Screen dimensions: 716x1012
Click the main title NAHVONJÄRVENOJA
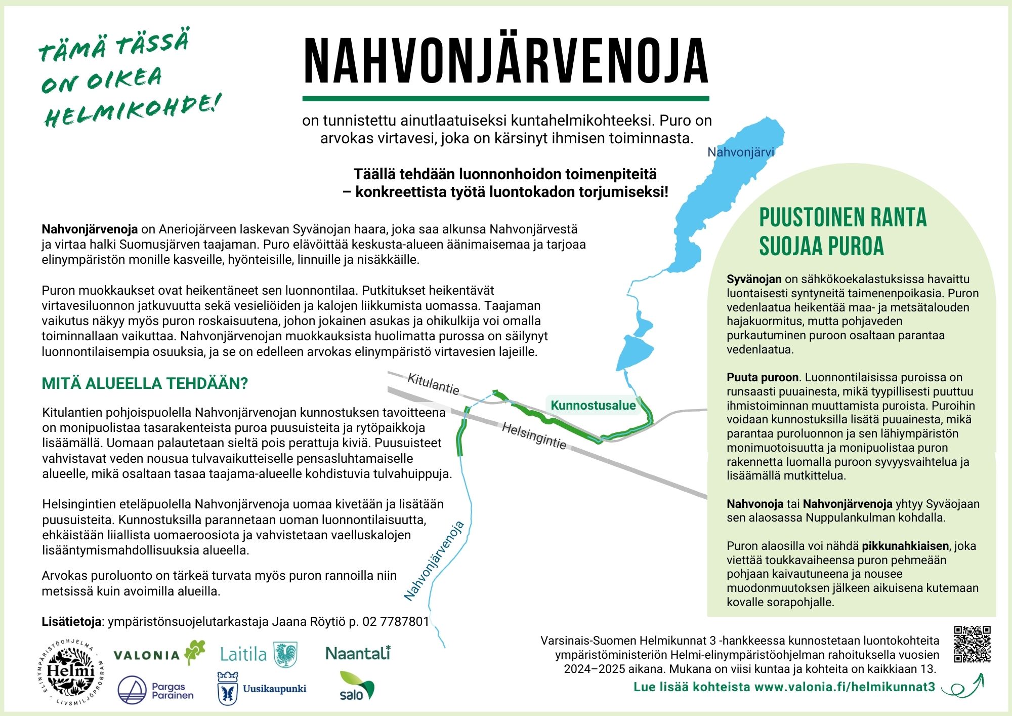tap(505, 61)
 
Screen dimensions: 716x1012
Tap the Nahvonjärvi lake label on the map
tap(740, 152)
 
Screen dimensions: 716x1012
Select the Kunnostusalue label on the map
tap(593, 405)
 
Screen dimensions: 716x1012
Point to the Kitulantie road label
tap(433, 384)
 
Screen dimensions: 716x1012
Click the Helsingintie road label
tap(534, 435)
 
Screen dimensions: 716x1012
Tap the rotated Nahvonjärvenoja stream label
tap(434, 561)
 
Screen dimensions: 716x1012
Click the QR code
tap(972, 644)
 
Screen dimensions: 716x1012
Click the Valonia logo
tap(159, 653)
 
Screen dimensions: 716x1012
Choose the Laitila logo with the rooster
tap(258, 654)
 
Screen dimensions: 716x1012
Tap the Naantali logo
tap(358, 653)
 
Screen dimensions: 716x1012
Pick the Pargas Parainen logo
tap(155, 690)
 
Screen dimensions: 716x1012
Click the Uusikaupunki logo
tap(262, 689)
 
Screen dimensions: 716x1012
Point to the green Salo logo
tap(356, 687)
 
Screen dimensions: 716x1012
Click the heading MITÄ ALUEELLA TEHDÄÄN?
tap(145, 383)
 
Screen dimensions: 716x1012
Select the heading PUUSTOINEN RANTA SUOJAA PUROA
tap(842, 231)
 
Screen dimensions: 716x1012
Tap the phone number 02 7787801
tap(396, 621)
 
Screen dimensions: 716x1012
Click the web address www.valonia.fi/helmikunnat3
tap(845, 687)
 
